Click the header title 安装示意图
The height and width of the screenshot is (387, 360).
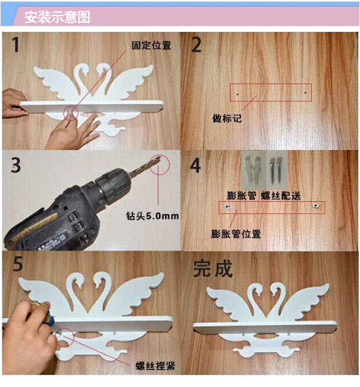pyautogui.click(x=57, y=17)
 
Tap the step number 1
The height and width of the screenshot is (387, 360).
pyautogui.click(x=16, y=44)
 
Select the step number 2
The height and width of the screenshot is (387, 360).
pyautogui.click(x=196, y=45)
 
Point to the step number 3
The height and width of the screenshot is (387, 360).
pyautogui.click(x=16, y=165)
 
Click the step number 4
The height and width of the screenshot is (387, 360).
pyautogui.click(x=195, y=165)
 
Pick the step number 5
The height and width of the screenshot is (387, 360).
pyautogui.click(x=18, y=264)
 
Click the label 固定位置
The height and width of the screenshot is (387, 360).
pyautogui.click(x=151, y=45)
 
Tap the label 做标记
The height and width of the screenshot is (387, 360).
pyautogui.click(x=227, y=118)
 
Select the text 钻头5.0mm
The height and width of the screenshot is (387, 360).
pyautogui.click(x=152, y=216)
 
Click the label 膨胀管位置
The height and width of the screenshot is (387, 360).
pyautogui.click(x=236, y=234)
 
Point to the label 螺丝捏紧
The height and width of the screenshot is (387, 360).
pyautogui.click(x=156, y=366)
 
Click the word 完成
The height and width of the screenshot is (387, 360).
pyautogui.click(x=213, y=269)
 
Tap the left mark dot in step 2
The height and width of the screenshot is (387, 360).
pyautogui.click(x=237, y=94)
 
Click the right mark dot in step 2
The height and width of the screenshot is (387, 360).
pyautogui.click(x=305, y=93)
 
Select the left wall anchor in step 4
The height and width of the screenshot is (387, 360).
pyautogui.click(x=227, y=207)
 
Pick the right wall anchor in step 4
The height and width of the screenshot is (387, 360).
pyautogui.click(x=315, y=206)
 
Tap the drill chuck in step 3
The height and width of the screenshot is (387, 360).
pyautogui.click(x=114, y=185)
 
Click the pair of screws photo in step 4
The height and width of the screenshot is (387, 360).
pyautogui.click(x=277, y=170)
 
